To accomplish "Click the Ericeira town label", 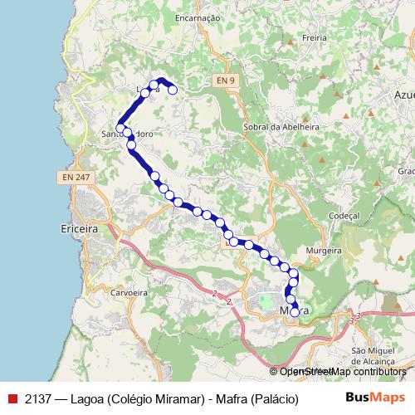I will coord(81,227).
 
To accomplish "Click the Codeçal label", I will coord(343,214).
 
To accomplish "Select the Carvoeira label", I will coord(128,293).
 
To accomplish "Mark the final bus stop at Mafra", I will coord(295,312).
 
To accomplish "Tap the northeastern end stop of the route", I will coord(173,90).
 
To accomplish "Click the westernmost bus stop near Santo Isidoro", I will coord(120,129).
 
